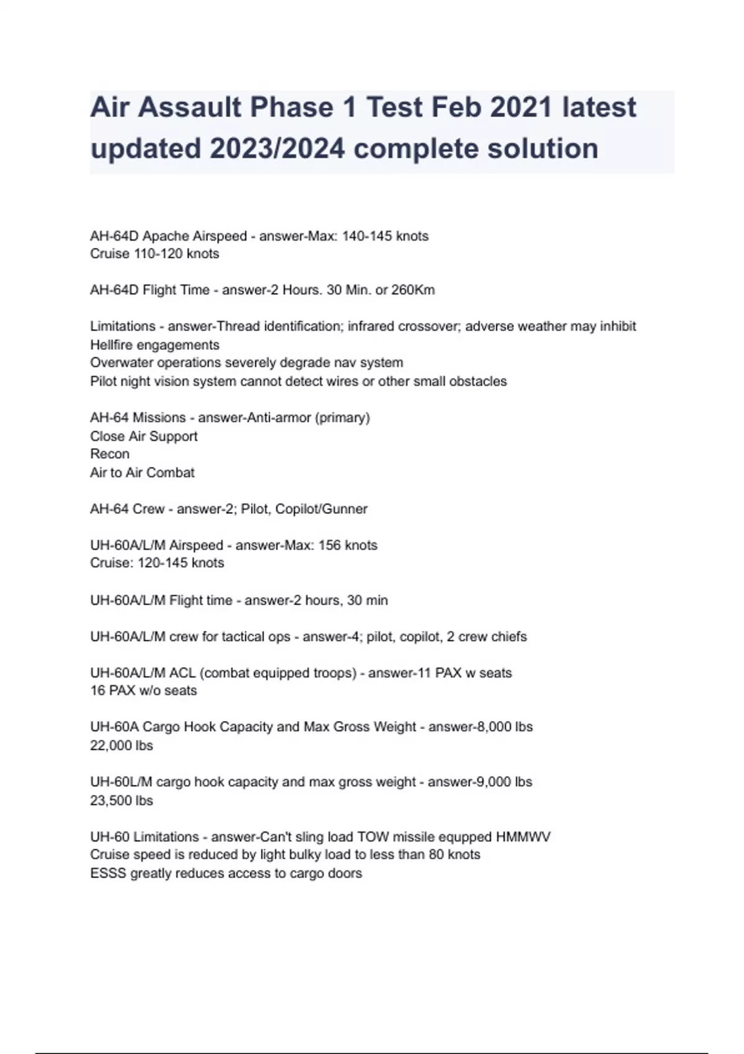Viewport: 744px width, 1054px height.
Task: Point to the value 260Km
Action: [x=414, y=290]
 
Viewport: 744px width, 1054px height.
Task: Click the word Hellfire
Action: [x=115, y=345]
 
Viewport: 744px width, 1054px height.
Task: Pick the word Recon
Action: [x=110, y=454]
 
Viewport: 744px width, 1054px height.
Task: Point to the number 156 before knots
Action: [x=330, y=546]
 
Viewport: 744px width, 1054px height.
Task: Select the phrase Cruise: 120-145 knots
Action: [x=157, y=563]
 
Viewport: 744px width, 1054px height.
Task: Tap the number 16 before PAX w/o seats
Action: [x=97, y=691]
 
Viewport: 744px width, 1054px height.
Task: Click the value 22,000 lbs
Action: [x=122, y=745]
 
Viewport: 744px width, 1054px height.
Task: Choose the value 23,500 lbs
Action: [x=122, y=800]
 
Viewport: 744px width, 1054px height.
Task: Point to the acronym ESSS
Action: [x=108, y=874]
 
